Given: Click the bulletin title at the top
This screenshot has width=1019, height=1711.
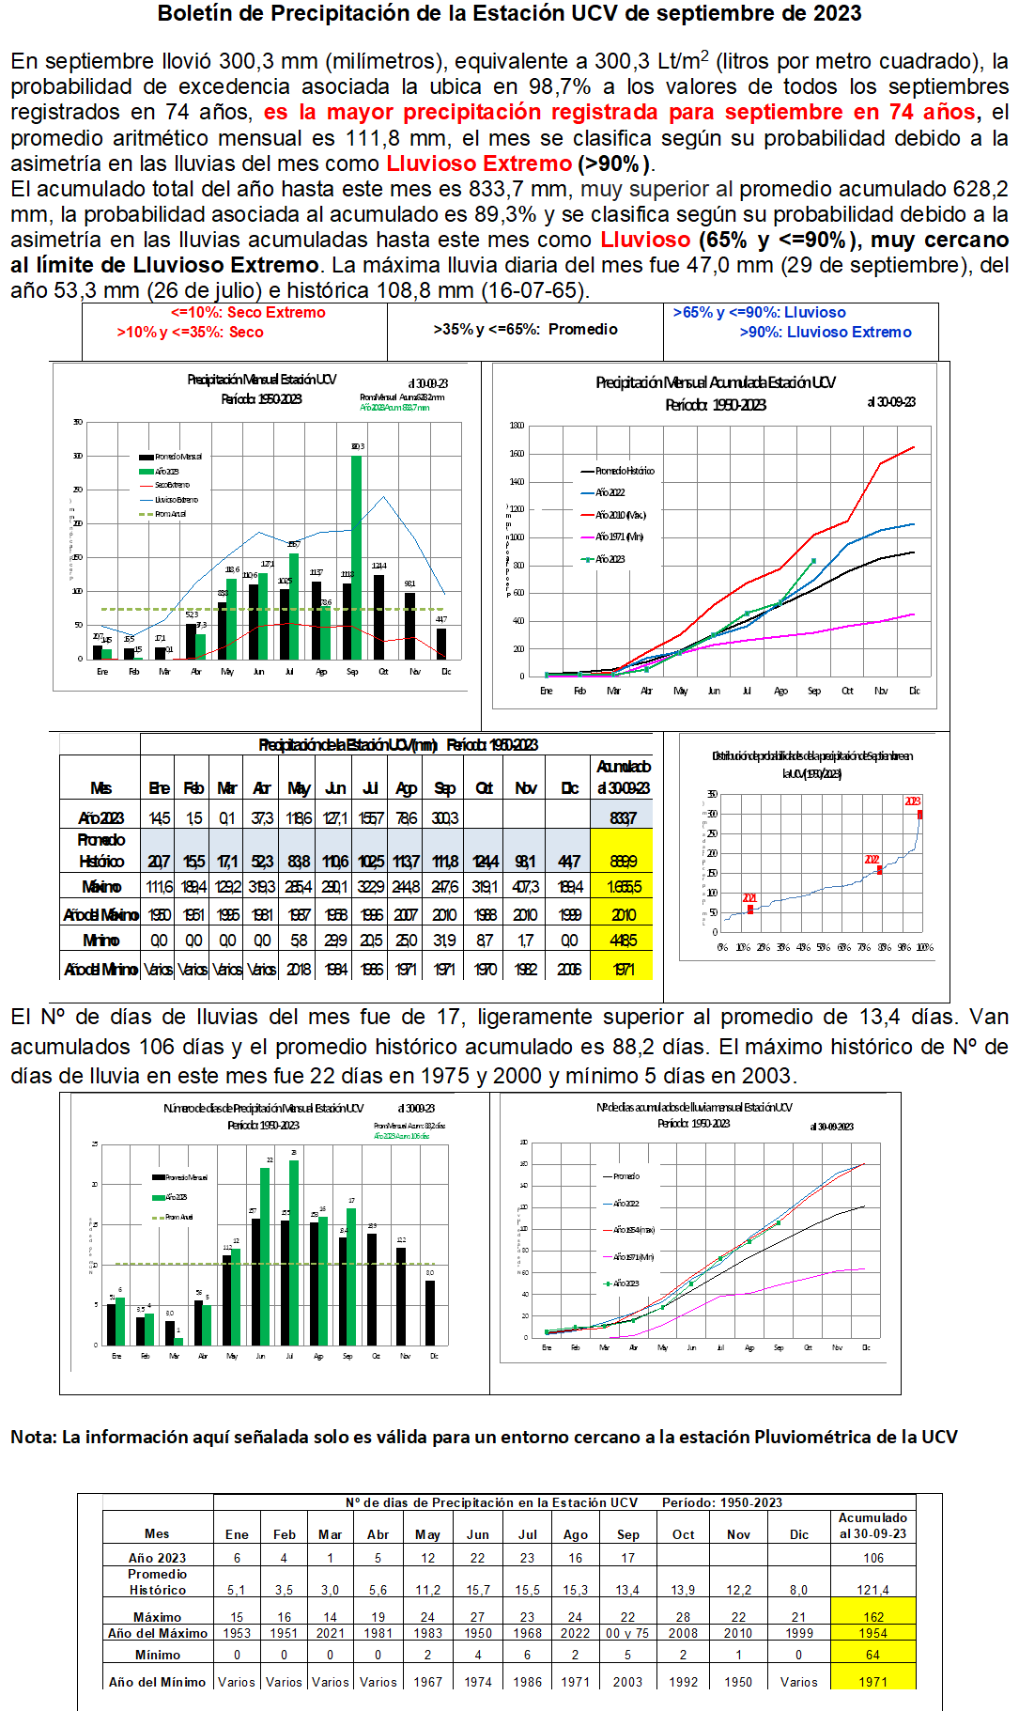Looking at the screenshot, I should pyautogui.click(x=509, y=14).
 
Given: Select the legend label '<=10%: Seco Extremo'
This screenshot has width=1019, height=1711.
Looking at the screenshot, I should pyautogui.click(x=248, y=313).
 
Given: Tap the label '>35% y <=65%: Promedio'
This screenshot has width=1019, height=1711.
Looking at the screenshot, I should pyautogui.click(x=525, y=330).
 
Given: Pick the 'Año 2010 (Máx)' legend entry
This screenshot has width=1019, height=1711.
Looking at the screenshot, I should pyautogui.click(x=621, y=515).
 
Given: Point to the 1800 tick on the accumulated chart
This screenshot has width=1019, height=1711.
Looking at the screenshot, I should pyautogui.click(x=517, y=426).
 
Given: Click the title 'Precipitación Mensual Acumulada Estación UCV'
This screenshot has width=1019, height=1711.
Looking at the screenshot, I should pyautogui.click(x=715, y=382).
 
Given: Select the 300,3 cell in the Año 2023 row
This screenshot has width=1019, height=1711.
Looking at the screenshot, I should pyautogui.click(x=444, y=818).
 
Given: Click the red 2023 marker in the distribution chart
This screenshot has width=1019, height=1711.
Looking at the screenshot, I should pyautogui.click(x=919, y=814).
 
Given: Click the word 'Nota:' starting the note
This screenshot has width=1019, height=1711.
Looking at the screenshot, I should pyautogui.click(x=34, y=1437).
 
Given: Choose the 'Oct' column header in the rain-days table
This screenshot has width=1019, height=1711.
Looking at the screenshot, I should pyautogui.click(x=683, y=1534).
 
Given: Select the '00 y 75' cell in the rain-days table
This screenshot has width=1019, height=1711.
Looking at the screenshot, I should pyautogui.click(x=627, y=1633).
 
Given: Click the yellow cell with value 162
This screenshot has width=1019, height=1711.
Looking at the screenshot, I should pyautogui.click(x=873, y=1617).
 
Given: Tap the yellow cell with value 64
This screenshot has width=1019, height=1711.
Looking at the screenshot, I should pyautogui.click(x=873, y=1655).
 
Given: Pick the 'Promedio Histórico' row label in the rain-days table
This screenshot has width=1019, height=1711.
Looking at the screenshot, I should pyautogui.click(x=158, y=1582).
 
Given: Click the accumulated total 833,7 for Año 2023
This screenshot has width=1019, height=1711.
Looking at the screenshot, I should pyautogui.click(x=623, y=818).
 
